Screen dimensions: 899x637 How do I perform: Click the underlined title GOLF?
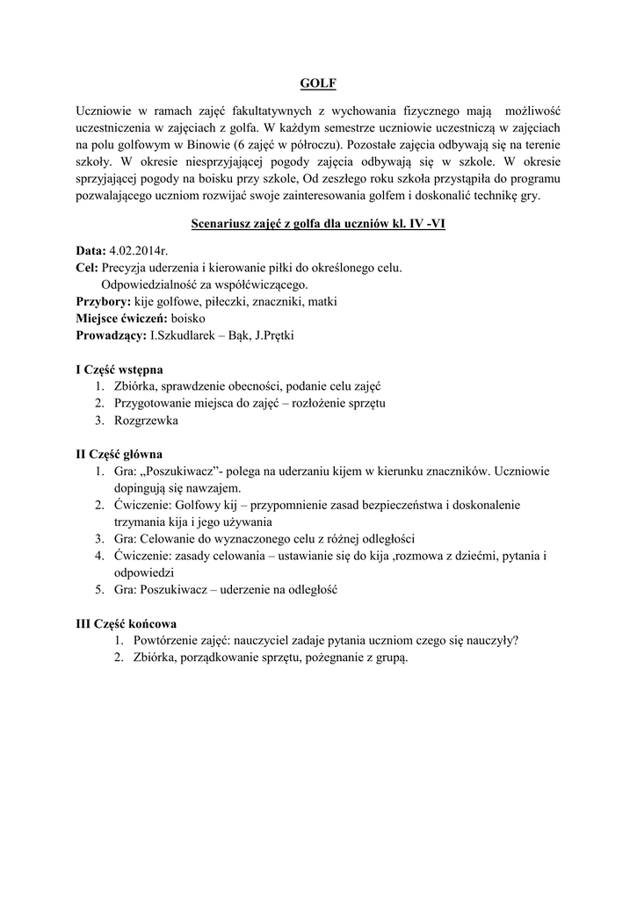click(318, 84)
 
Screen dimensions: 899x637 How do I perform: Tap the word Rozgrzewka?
click(146, 421)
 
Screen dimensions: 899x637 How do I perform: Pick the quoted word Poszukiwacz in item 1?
click(184, 471)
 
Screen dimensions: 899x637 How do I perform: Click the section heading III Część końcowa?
click(126, 623)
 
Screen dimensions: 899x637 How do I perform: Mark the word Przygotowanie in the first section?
click(155, 403)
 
